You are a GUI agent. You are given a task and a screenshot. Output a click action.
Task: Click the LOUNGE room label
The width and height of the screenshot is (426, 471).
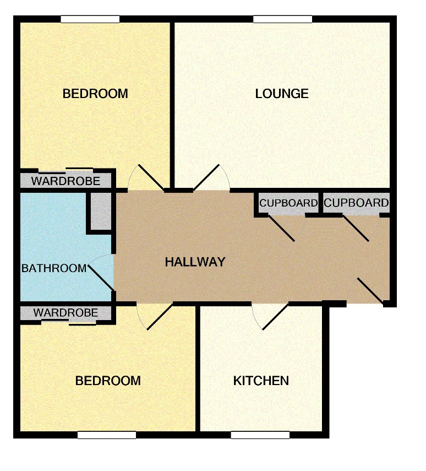tap(282, 94)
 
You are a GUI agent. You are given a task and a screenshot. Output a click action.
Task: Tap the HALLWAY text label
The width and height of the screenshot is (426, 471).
tap(195, 262)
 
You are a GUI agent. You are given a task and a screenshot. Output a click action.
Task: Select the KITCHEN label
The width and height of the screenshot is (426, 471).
tap(261, 381)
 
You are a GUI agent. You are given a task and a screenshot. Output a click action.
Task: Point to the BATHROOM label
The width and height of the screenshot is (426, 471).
tap(54, 268)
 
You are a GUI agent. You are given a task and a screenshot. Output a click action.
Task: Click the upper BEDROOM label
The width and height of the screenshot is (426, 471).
tap(95, 94)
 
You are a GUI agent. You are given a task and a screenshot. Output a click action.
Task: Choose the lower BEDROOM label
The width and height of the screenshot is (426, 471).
tap(108, 381)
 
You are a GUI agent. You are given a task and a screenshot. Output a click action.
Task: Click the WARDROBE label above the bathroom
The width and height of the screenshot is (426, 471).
tap(65, 181)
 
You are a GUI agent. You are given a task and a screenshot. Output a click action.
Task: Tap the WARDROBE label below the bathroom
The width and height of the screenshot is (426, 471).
tap(65, 313)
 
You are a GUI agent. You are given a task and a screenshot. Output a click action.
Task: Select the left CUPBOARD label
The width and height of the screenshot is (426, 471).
tap(288, 203)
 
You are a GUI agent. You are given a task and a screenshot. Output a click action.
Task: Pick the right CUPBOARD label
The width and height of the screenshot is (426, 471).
tap(356, 203)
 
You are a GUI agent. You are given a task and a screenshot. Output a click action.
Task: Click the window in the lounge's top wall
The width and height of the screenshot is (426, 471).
tap(283, 19)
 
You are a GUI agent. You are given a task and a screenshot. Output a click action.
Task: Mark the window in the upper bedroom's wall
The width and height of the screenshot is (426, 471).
tap(90, 19)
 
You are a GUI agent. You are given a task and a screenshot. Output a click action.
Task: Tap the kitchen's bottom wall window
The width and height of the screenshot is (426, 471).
tap(260, 435)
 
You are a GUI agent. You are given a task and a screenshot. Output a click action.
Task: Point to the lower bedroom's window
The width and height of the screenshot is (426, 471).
tap(107, 435)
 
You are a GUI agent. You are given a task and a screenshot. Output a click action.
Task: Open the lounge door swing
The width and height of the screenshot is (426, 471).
tap(212, 177)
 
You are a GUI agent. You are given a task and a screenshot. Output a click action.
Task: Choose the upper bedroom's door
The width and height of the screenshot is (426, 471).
tap(146, 177)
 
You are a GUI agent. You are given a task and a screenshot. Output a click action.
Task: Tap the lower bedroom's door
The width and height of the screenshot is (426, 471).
tap(154, 317)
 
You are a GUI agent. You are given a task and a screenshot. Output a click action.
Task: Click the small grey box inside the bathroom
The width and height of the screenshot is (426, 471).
tap(100, 211)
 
